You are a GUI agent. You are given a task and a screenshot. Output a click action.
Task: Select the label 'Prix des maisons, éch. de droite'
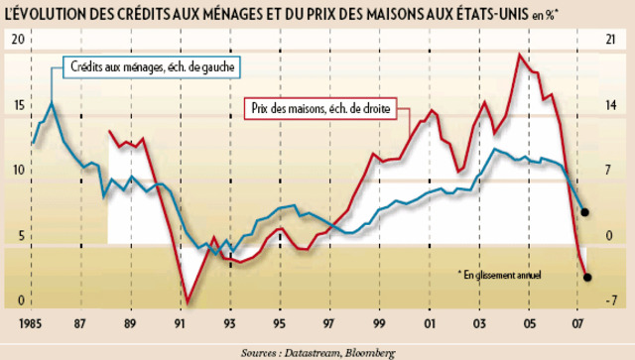(x=320, y=106)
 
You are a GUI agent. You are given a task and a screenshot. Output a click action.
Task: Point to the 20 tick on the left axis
(x=18, y=39)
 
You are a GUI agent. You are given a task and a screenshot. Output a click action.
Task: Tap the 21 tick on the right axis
(x=611, y=39)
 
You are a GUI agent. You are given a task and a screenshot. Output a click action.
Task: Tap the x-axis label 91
(x=180, y=323)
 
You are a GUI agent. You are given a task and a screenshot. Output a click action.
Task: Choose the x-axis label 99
(x=380, y=323)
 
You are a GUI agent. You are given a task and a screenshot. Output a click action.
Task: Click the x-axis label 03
(x=480, y=323)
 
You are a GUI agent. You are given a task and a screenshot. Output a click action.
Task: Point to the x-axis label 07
(x=579, y=323)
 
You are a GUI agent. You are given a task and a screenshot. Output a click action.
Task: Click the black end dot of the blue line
(x=585, y=212)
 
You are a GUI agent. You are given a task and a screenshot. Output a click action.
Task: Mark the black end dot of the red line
(x=587, y=277)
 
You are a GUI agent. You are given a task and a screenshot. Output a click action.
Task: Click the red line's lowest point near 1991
(x=188, y=302)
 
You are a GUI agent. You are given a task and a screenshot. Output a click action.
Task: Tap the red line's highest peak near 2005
(x=519, y=55)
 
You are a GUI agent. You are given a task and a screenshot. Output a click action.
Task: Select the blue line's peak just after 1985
(x=52, y=103)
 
